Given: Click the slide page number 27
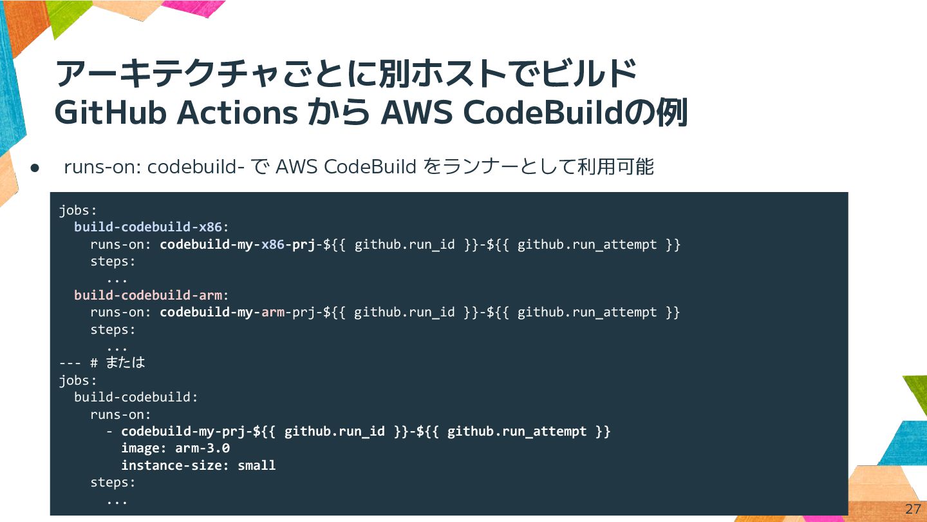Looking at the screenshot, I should tap(913, 508).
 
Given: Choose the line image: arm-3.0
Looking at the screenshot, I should tap(175, 448).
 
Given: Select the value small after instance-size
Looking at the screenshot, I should tap(256, 465).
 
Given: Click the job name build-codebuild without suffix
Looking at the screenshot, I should tap(135, 397).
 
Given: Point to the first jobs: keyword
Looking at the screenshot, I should tap(78, 211).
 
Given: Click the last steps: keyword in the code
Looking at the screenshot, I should tap(113, 482).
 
